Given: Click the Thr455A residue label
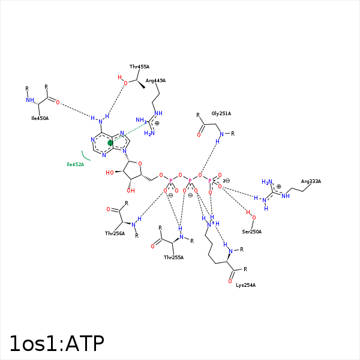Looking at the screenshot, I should pos(139,67).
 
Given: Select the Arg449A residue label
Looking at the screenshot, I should pos(155,80).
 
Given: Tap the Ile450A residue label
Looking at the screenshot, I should pos(40,118).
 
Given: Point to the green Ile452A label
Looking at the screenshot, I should pos(75,164).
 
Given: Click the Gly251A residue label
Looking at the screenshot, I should pos(221,113).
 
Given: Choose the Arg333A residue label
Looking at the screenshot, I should pos(311,181).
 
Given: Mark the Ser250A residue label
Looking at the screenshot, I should pos(251,232).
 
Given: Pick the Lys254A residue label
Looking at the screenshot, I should pos(245,285).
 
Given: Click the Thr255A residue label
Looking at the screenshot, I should pos(173,257).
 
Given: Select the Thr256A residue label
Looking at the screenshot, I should pos(115,233).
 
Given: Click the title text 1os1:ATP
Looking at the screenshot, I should pos(56,344).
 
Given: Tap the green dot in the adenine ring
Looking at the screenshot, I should pos(110,143).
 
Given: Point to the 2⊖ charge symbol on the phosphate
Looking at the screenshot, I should pos(226,181).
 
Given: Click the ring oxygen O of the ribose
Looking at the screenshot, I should pos(140,163).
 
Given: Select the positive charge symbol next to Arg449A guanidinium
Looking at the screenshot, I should pos(157,123).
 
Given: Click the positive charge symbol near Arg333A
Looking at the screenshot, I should pos(278,187).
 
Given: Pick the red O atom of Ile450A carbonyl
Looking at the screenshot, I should pos(58,103).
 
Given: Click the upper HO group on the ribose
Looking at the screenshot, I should pos(110,173).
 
